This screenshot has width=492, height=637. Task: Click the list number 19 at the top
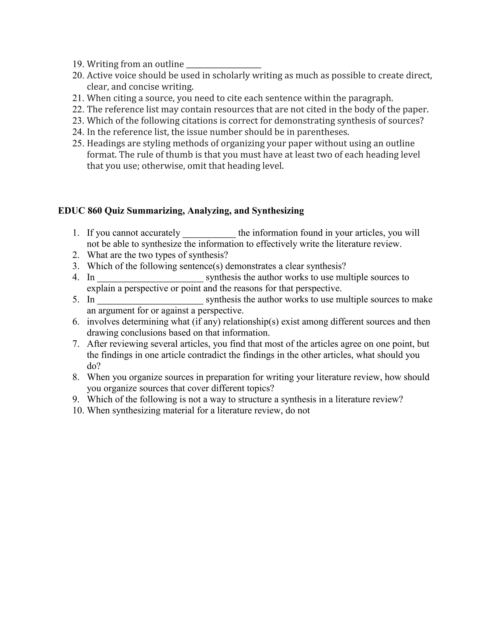coord(78,64)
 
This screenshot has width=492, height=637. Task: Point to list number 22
coord(78,109)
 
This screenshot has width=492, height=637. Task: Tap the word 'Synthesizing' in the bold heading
coord(278,211)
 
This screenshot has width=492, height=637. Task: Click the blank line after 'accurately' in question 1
coord(209,236)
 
